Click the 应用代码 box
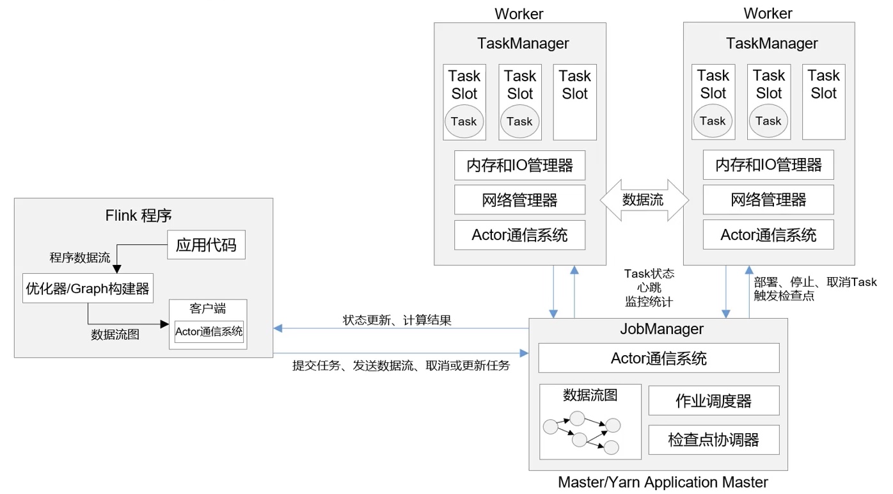[x=206, y=244]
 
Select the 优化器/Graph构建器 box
[x=87, y=289]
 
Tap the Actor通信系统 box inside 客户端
[x=209, y=331]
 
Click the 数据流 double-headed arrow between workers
[x=644, y=200]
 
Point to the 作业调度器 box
[x=713, y=401]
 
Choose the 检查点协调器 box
[x=713, y=440]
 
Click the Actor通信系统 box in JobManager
[x=659, y=358]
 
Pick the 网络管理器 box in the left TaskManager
[x=519, y=200]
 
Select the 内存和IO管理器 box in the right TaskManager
[x=768, y=165]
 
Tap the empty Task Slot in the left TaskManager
[x=574, y=102]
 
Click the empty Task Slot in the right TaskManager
[x=823, y=102]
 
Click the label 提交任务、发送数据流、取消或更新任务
[x=401, y=366]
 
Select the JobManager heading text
[x=661, y=329]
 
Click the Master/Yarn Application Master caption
[x=663, y=482]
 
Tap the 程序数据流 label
[x=80, y=258]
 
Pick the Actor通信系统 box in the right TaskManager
[x=768, y=235]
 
